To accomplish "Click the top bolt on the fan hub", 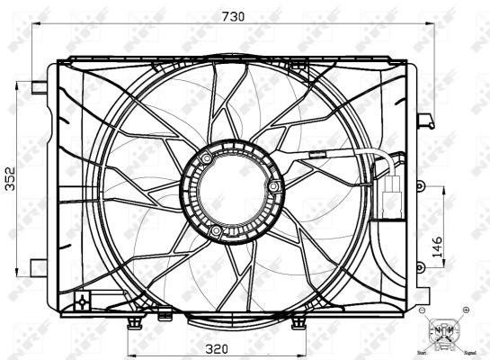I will point(209,159).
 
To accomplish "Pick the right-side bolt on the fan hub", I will point(273,186).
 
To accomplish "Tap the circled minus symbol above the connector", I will point(422,310).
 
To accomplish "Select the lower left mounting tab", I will point(38,266).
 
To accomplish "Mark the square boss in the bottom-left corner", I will point(82,299).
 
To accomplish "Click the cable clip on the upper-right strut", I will point(316,155).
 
